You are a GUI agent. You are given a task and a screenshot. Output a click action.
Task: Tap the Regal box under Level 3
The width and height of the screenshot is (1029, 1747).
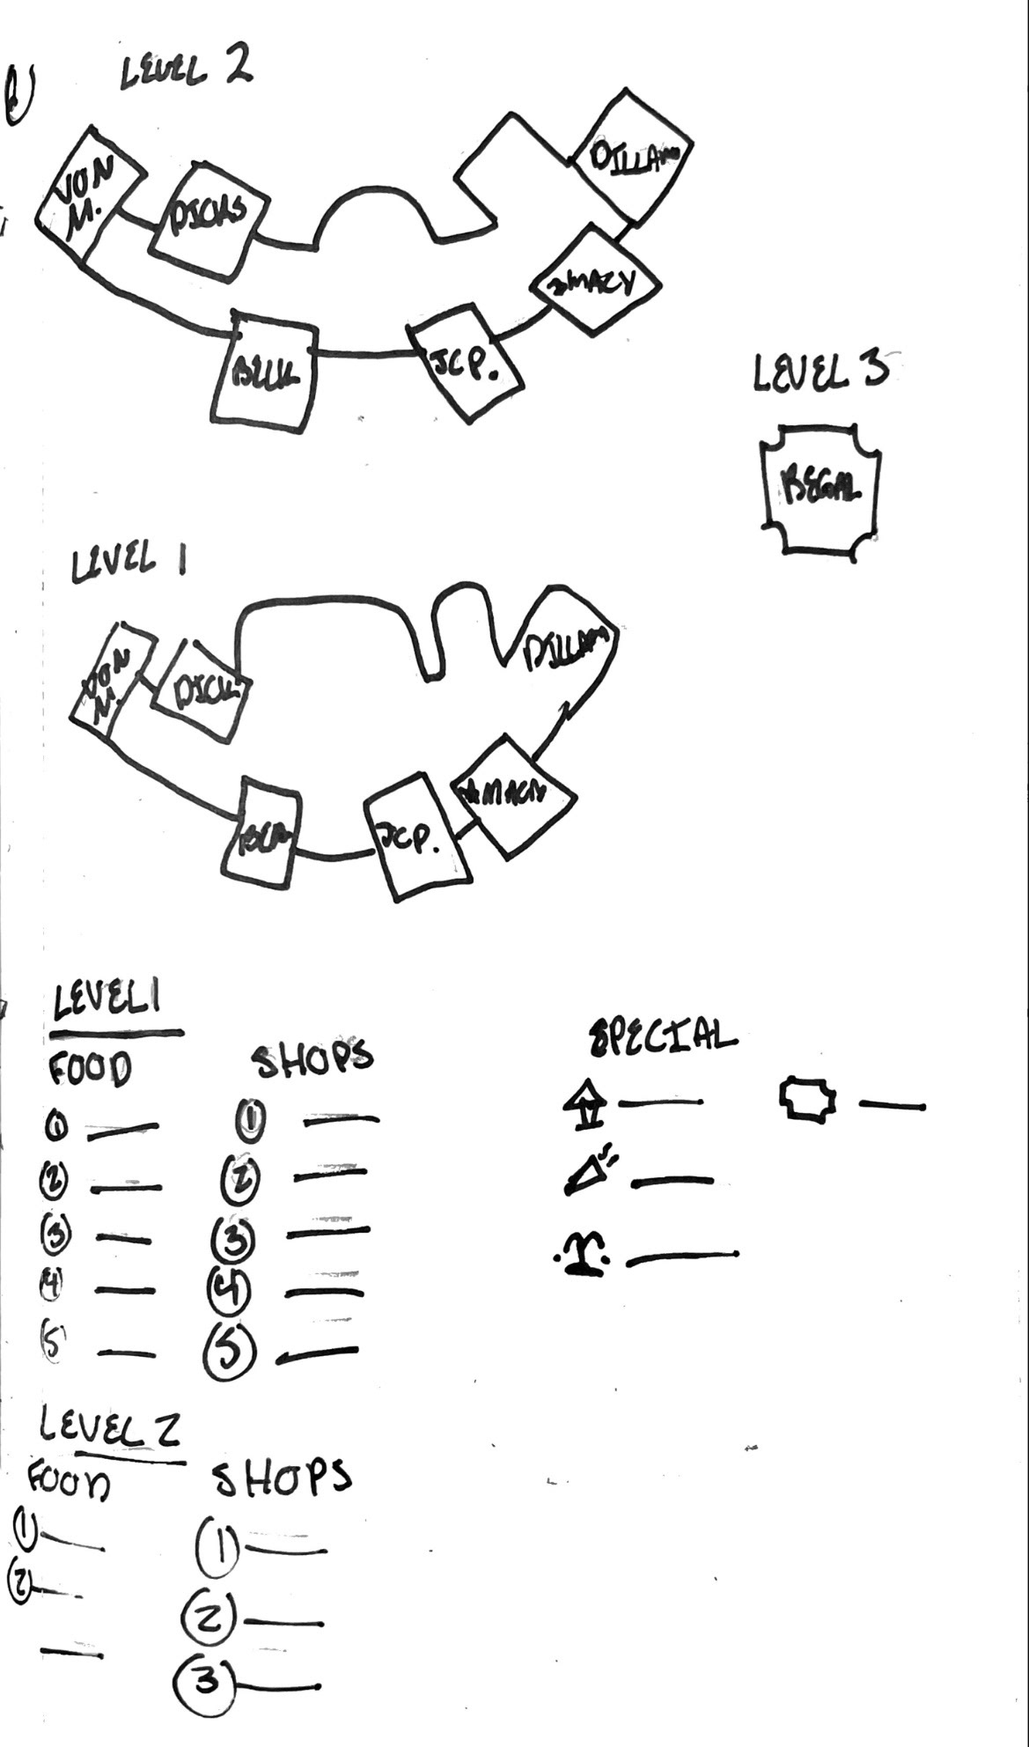820,489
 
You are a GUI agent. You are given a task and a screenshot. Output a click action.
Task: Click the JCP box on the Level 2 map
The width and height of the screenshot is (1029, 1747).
464,362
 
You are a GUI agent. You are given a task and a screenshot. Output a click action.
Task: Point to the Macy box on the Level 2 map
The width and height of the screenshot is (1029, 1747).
595,281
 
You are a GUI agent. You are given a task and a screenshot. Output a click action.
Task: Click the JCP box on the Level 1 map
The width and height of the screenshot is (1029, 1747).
413,837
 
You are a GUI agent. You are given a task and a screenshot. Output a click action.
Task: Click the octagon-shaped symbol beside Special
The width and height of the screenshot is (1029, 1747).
807,1100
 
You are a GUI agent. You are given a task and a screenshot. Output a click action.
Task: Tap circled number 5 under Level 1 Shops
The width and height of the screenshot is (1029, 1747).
231,1352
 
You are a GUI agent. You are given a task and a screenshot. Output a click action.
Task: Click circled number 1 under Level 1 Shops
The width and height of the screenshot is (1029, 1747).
251,1121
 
